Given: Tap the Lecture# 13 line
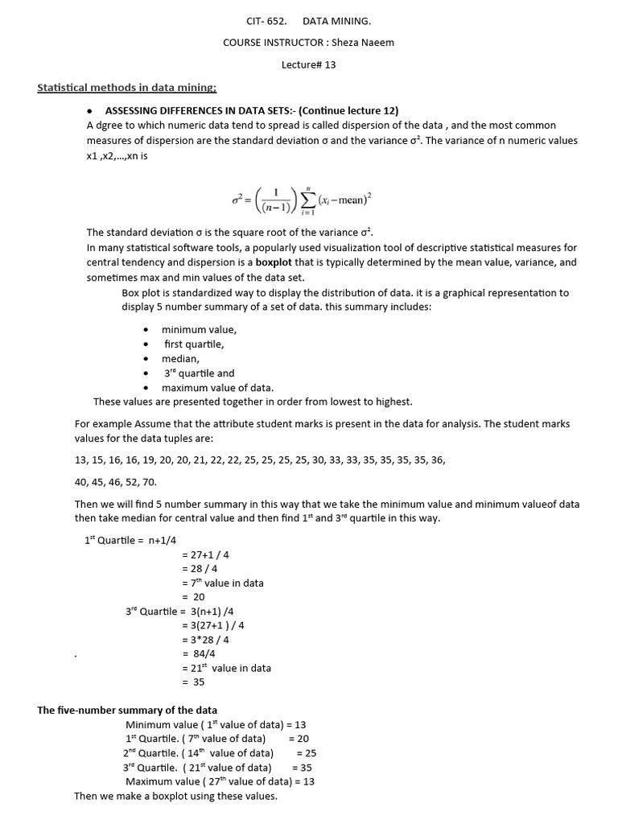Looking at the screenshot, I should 308,65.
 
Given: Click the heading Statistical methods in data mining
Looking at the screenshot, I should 126,88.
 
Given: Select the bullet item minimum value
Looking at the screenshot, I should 199,330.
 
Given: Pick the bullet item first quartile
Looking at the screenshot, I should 194,344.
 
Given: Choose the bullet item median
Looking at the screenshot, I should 180,359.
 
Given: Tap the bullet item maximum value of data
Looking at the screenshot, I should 217,388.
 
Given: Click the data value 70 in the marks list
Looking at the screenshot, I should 149,482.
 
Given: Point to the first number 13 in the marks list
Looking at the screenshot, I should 80,460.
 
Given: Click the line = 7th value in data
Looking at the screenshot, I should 223,583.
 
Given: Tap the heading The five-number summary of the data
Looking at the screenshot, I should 127,711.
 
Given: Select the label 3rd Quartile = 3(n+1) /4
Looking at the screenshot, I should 179,612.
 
